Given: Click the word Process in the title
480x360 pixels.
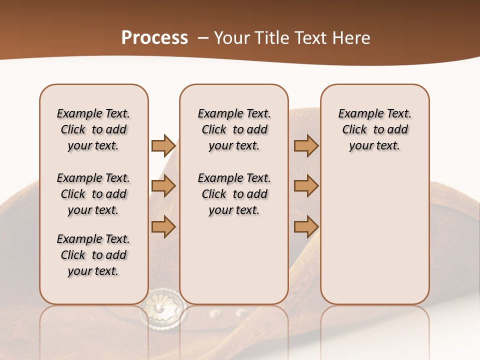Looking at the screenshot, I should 154,38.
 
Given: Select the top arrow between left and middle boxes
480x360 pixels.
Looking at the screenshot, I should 163,145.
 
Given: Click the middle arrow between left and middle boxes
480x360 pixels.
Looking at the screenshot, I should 163,186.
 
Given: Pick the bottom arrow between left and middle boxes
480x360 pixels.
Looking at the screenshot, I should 163,226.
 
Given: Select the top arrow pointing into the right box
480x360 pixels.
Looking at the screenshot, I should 306,145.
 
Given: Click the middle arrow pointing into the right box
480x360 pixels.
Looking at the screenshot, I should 306,186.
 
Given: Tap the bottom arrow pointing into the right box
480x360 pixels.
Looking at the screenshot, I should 306,226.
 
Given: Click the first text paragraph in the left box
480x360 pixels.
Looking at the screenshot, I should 93,129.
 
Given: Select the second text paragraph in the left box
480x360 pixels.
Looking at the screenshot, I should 93,194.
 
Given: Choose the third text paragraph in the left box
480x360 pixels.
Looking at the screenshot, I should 93,255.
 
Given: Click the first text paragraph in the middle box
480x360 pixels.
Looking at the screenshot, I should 234,129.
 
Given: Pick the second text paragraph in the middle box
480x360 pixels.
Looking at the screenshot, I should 234,194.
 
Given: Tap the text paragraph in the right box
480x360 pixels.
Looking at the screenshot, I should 375,129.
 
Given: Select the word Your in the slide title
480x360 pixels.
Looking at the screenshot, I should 230,38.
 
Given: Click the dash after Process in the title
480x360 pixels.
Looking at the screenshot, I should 203,38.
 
